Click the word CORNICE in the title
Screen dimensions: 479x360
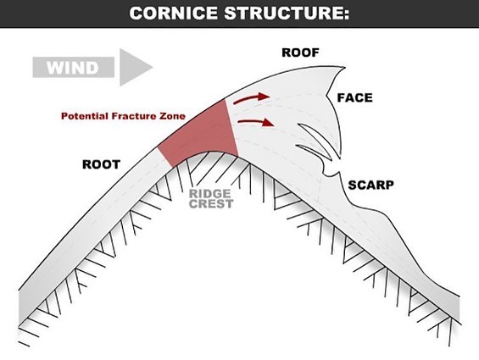click(x=174, y=14)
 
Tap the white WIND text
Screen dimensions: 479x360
click(x=73, y=68)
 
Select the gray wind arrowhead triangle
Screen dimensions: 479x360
click(x=136, y=67)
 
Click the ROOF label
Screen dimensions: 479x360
click(x=300, y=53)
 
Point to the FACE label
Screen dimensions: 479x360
click(x=355, y=97)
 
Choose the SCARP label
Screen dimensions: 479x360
click(x=370, y=185)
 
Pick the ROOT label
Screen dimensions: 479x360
click(x=101, y=164)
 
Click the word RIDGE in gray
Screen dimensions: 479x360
click(x=210, y=194)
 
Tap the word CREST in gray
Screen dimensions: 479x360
click(x=211, y=203)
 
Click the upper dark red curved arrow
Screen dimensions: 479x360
click(x=251, y=98)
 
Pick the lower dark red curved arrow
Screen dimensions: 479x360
click(x=256, y=122)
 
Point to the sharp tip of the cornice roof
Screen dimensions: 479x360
click(x=346, y=68)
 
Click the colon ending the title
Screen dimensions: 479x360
click(x=346, y=14)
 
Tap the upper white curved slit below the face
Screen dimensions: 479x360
click(x=315, y=140)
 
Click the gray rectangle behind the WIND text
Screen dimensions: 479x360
click(x=73, y=67)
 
